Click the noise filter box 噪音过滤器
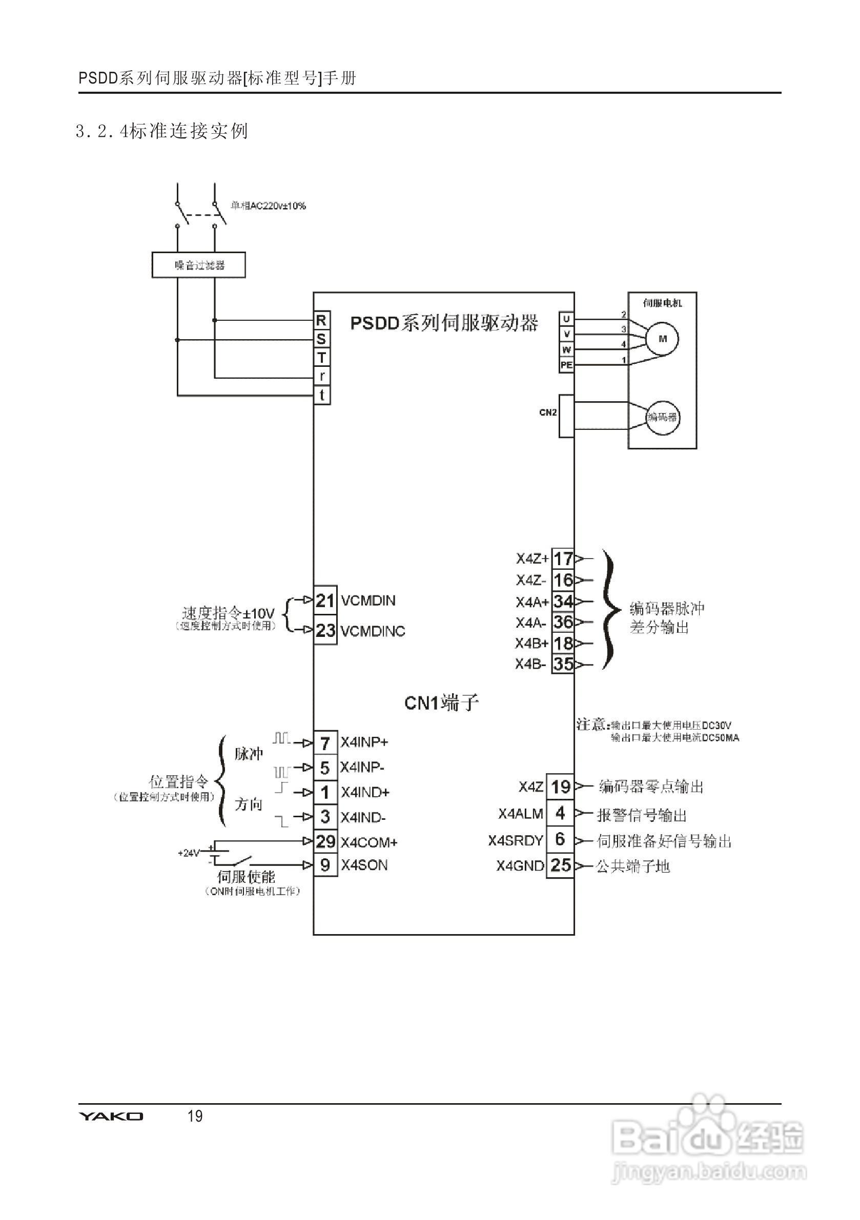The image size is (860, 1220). [198, 264]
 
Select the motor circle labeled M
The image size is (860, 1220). [662, 339]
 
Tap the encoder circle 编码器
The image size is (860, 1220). [662, 417]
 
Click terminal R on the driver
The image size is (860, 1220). [321, 320]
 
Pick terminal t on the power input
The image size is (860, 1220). [321, 396]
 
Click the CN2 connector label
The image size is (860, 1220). [547, 412]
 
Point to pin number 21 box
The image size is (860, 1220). [325, 601]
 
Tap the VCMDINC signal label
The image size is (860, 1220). [373, 631]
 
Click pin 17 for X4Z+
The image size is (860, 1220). [563, 559]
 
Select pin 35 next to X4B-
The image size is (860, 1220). [563, 664]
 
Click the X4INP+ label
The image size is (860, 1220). [364, 742]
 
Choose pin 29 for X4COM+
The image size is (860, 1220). [325, 841]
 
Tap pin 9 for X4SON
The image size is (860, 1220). [325, 865]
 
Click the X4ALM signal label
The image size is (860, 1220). [520, 814]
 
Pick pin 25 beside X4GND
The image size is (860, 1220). [560, 865]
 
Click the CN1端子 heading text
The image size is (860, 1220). [441, 703]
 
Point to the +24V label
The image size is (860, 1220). [188, 853]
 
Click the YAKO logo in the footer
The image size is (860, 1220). [111, 1116]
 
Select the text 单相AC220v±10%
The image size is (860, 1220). [268, 205]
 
